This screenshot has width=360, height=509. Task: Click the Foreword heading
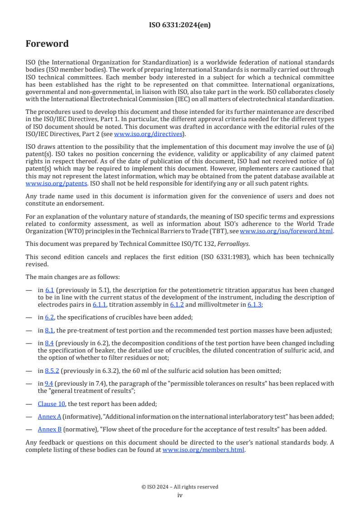[x=47, y=44]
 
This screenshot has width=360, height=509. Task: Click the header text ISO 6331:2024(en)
[x=180, y=25]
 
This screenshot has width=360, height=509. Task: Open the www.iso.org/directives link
[x=148, y=134]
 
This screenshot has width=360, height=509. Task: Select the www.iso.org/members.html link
[x=203, y=450]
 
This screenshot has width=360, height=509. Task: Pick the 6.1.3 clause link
[x=254, y=305]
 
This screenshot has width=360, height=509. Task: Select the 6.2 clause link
[x=49, y=318]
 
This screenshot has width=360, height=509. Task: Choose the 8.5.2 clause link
[x=52, y=371]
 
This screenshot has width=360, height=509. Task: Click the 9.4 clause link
[x=49, y=383]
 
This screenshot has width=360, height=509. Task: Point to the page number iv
[x=180, y=495]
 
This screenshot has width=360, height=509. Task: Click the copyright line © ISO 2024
[x=180, y=487]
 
